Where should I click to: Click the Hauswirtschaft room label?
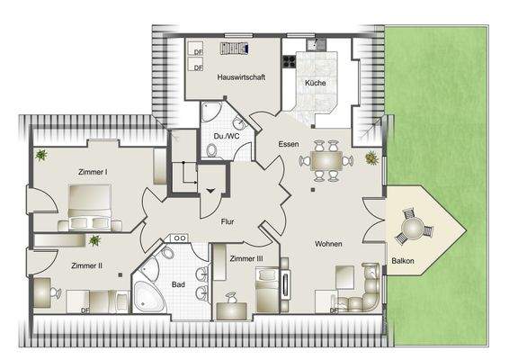241,77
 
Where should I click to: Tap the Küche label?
315,84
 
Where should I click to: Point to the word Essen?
288,144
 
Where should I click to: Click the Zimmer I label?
93,171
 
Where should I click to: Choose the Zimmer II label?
86,265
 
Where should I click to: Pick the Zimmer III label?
246,259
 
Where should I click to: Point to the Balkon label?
403,262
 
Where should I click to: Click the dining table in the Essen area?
325,160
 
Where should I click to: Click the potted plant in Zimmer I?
41,156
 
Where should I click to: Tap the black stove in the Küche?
290,62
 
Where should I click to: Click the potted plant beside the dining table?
371,158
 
